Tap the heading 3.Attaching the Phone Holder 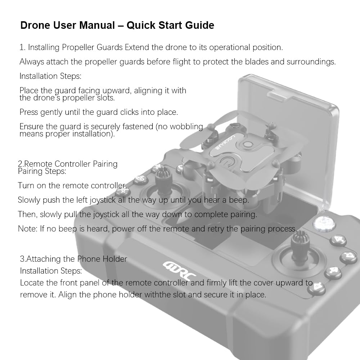pos(74,259)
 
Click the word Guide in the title pos(199,26)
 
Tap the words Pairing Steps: pos(42,171)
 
